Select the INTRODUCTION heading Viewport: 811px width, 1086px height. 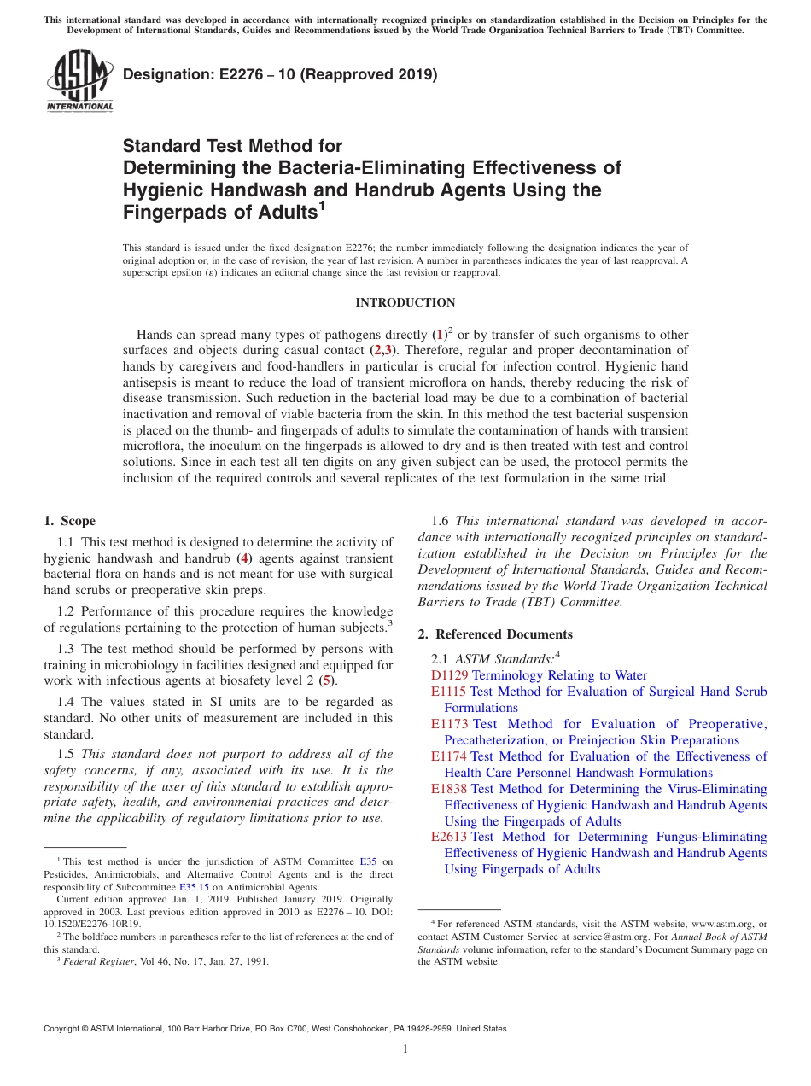405,303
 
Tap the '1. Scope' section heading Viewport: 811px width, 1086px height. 70,522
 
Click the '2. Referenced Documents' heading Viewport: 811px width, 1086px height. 495,634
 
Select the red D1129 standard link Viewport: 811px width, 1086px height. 450,675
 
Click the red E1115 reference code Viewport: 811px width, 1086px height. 449,692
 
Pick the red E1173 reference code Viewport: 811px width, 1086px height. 449,724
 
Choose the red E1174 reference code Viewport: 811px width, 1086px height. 449,756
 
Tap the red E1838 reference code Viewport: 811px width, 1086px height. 449,789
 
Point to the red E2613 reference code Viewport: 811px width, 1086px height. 449,837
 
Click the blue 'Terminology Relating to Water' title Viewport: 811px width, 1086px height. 559,675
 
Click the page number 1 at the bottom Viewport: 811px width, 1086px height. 405,1049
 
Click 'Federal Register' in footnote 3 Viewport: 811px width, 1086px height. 98,961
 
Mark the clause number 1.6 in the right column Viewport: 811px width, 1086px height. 441,522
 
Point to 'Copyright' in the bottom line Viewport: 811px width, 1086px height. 63,1029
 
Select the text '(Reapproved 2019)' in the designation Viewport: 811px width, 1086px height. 371,75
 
